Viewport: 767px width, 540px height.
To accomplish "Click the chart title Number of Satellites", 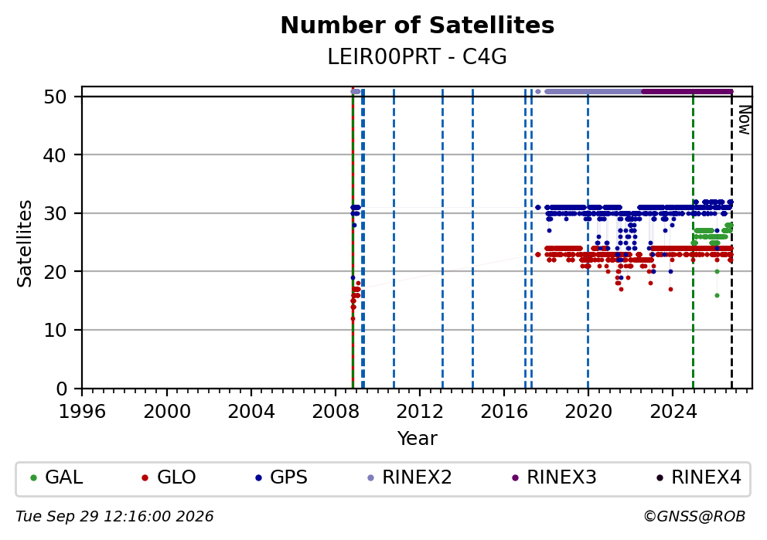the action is point(418,25).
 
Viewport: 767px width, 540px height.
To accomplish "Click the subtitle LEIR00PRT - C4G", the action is point(418,57).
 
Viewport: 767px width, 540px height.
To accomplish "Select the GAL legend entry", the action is point(56,477).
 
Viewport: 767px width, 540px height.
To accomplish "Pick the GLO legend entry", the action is point(169,477).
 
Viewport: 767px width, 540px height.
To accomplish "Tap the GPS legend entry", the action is point(281,477).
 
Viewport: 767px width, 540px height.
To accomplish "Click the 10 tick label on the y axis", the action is point(55,331).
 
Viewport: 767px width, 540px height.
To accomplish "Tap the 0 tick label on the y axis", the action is point(62,389).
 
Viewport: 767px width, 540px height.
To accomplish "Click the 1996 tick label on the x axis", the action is point(82,412).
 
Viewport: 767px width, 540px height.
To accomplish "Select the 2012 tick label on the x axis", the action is point(420,412).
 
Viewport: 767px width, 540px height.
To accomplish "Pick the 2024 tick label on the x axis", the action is point(673,412).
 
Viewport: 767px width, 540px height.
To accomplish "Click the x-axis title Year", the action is point(418,438).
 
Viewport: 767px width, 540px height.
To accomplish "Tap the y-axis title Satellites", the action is point(24,243).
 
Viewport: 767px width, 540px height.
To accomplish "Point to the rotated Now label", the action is point(744,121).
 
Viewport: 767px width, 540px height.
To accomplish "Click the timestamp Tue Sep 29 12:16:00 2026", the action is point(114,517).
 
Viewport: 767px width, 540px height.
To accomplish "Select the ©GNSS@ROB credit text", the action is point(694,517).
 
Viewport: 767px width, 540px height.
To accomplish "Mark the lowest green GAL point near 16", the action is point(717,295).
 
